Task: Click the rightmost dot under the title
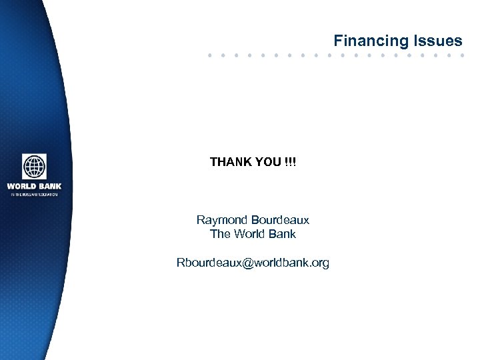point(461,55)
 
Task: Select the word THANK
point(231,162)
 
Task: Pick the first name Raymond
point(222,219)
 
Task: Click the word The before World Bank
point(220,234)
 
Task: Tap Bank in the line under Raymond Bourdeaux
point(281,234)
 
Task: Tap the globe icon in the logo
point(34,167)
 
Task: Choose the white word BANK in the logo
point(50,186)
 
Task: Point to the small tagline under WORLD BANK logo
point(34,194)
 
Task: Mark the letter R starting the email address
point(180,263)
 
